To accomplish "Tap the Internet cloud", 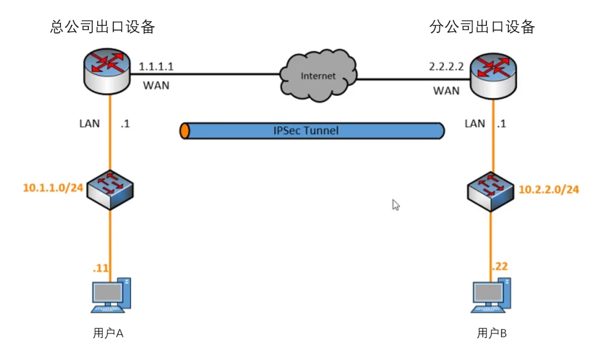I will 317,75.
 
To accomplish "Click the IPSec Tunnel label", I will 314,131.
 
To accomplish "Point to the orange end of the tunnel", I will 185,131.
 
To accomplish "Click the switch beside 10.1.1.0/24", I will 111,188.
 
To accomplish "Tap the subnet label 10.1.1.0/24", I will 53,188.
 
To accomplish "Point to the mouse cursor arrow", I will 395,205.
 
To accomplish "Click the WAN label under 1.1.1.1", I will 156,86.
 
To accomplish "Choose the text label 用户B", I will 492,333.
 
